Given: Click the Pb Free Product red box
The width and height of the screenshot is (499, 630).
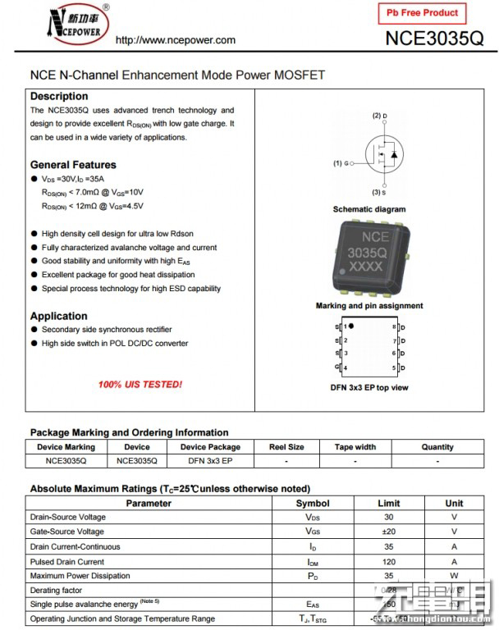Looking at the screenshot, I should click(x=423, y=14).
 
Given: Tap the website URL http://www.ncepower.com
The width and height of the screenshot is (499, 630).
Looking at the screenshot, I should click(x=176, y=40).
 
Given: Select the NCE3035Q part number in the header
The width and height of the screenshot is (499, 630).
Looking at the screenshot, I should click(x=434, y=39).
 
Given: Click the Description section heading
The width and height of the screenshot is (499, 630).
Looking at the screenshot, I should click(x=59, y=96).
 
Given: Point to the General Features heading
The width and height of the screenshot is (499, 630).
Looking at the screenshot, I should click(x=73, y=164).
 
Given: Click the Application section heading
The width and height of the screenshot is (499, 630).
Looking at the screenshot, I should click(x=59, y=316).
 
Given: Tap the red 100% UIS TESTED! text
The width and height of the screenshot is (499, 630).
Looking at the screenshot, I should click(x=140, y=384).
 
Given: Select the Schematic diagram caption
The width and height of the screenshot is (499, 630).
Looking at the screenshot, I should click(x=369, y=209).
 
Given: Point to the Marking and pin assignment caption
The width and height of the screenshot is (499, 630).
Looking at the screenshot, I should click(x=369, y=306).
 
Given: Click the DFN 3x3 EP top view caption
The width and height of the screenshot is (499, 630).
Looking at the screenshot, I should click(x=369, y=387).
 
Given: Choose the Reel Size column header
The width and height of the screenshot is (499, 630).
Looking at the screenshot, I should click(x=286, y=447).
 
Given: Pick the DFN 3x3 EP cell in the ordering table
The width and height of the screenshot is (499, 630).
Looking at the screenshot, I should click(x=210, y=461).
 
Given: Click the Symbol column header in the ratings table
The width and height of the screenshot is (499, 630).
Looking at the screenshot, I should click(x=313, y=503).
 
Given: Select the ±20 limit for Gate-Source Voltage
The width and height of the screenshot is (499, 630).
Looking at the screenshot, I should click(x=388, y=532).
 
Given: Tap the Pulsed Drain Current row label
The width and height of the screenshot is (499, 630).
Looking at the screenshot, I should click(x=67, y=562).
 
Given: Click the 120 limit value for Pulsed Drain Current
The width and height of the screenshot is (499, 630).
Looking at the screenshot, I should click(x=388, y=562).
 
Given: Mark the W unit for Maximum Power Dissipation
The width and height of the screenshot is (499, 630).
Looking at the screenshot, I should click(x=454, y=576).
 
